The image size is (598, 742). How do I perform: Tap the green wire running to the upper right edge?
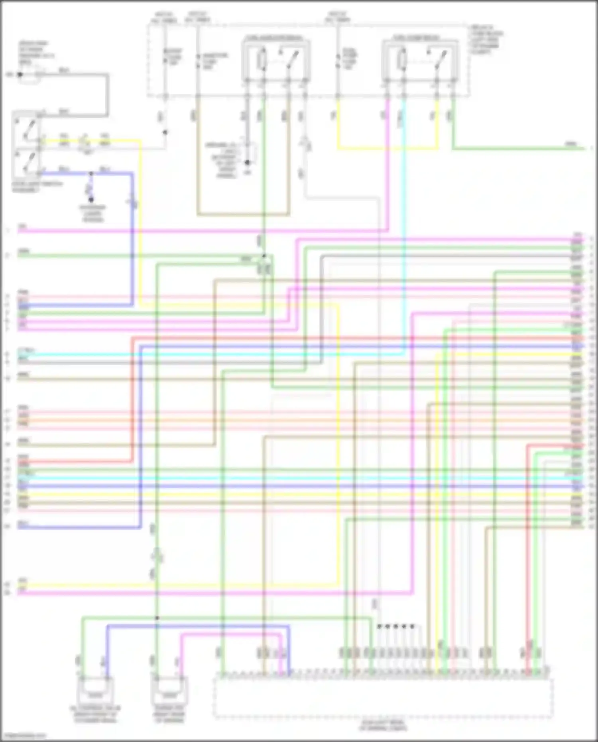point(518,149)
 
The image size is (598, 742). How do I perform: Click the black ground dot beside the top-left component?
point(20,75)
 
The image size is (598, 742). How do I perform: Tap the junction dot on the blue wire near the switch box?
point(91,173)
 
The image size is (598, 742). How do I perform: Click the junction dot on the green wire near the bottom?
point(157,618)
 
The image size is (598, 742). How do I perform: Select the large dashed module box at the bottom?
point(383,698)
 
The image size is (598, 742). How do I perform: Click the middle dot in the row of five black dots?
point(395,626)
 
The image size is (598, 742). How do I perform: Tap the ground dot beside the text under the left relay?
point(247,163)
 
